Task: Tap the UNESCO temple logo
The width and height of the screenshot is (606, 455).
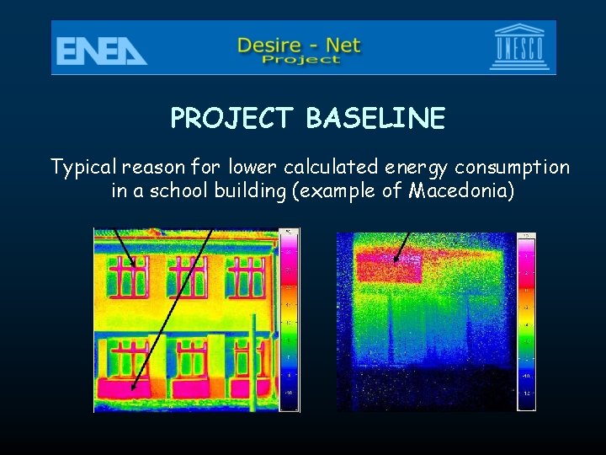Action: tap(519, 49)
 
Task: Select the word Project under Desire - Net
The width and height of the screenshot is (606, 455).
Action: tap(300, 59)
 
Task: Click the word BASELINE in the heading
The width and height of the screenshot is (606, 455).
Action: tap(375, 119)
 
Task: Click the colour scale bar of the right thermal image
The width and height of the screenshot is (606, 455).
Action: tap(526, 320)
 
